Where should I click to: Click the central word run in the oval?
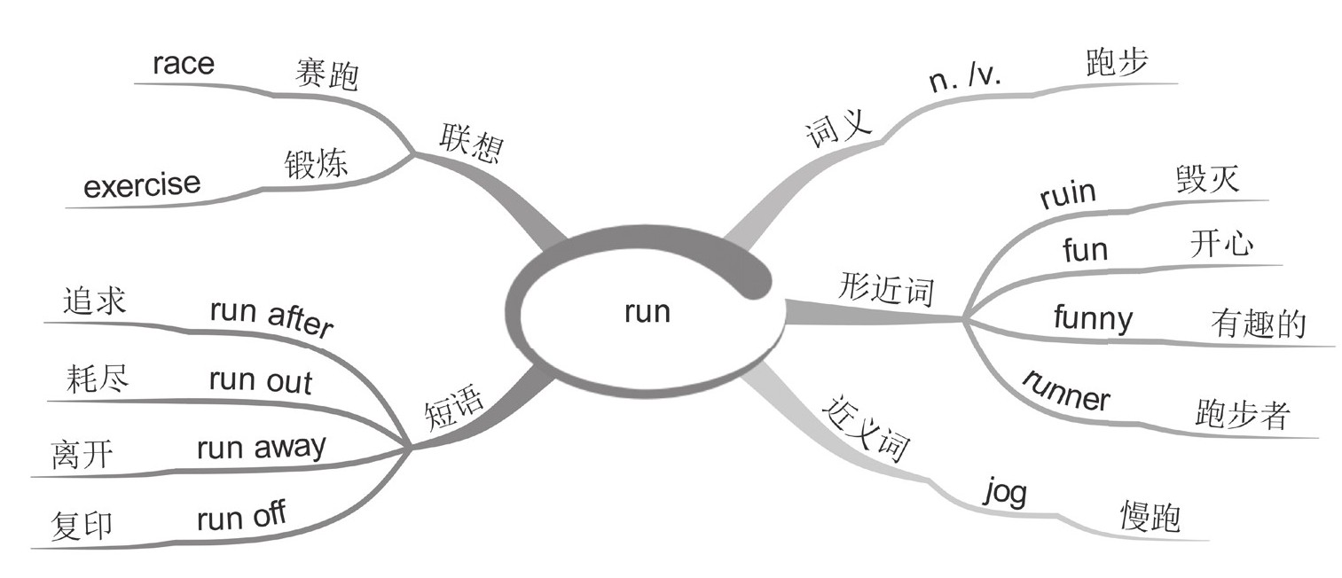tap(647, 313)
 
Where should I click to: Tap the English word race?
tap(184, 64)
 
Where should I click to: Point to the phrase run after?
tap(271, 317)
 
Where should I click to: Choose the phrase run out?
tap(261, 380)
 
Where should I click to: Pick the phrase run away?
tap(261, 446)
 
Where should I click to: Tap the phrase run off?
tap(241, 514)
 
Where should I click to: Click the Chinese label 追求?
tap(95, 301)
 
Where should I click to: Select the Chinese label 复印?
tap(83, 525)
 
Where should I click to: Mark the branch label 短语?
tap(455, 410)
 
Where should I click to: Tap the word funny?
tap(1093, 316)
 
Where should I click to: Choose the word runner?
tap(1066, 391)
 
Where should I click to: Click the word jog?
tap(1006, 491)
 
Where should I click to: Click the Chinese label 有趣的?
tap(1258, 324)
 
